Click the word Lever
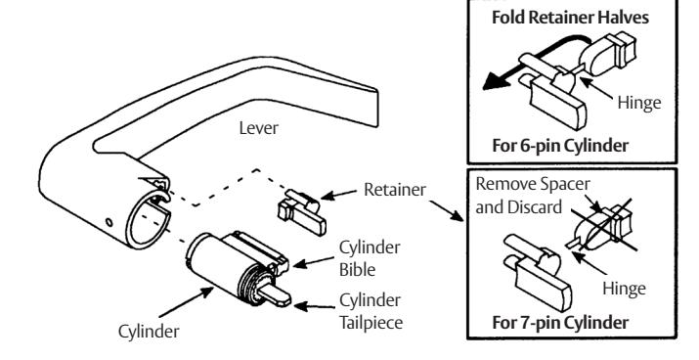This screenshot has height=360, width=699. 258,128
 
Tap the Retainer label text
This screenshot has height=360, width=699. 395,190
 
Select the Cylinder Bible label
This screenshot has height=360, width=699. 370,258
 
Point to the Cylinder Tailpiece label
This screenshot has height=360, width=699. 371,311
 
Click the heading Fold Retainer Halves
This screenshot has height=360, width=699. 570,18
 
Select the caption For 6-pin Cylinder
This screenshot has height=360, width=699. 560,146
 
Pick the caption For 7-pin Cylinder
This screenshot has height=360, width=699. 560,322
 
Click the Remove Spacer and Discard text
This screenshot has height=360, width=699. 533,196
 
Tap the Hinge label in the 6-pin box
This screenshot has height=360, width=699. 638,103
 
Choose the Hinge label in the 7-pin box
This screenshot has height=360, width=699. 624,289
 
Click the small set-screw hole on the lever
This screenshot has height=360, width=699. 109,222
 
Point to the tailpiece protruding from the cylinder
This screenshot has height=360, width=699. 274,294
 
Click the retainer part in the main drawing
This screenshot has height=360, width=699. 302,211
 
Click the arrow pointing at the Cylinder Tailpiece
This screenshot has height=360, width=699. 314,307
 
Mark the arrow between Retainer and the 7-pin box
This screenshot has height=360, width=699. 447,211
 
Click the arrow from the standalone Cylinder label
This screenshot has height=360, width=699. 187,302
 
